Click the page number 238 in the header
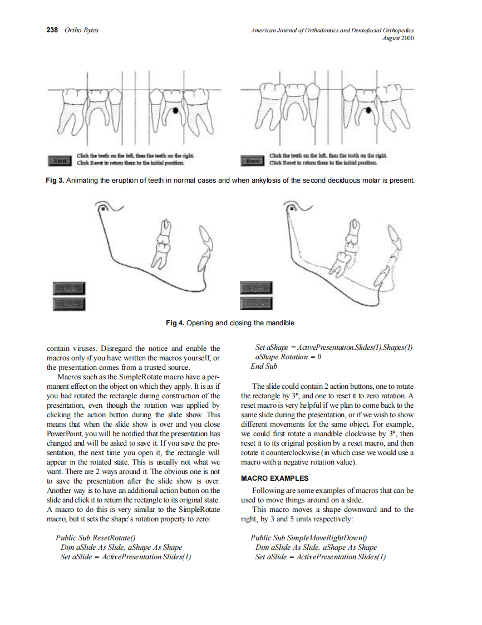pos(52,30)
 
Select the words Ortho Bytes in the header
pos(81,30)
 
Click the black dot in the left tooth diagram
pos(176,110)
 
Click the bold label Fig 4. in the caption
pos(175,323)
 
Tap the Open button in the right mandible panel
pos(257,288)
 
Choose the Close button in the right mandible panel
pos(257,304)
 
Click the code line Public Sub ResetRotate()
pos(95,538)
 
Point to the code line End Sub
pos(264,367)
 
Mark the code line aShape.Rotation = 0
pos(288,357)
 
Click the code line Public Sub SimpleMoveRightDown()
pos(309,538)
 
